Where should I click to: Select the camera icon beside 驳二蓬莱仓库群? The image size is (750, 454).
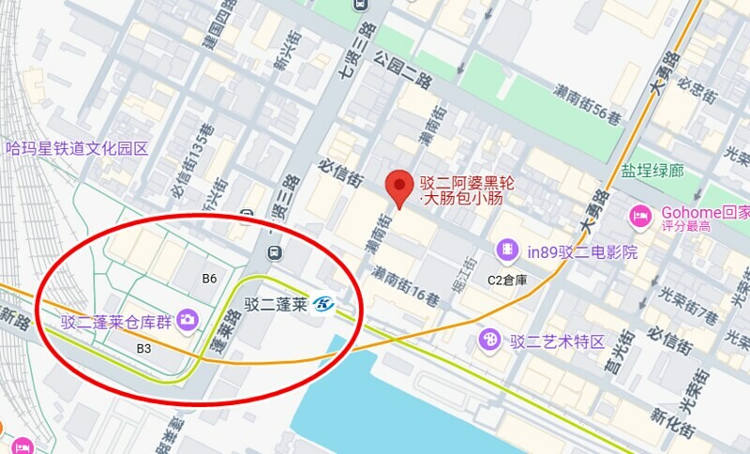(x=187, y=321)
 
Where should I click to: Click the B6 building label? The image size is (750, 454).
(x=210, y=279)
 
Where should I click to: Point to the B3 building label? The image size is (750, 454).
(x=143, y=348)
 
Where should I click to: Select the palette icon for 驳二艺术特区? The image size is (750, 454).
(x=488, y=339)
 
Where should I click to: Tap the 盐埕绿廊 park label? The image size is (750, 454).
(x=652, y=171)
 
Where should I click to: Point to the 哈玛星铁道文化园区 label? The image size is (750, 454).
(x=77, y=147)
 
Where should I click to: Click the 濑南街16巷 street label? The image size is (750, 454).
(x=405, y=286)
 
